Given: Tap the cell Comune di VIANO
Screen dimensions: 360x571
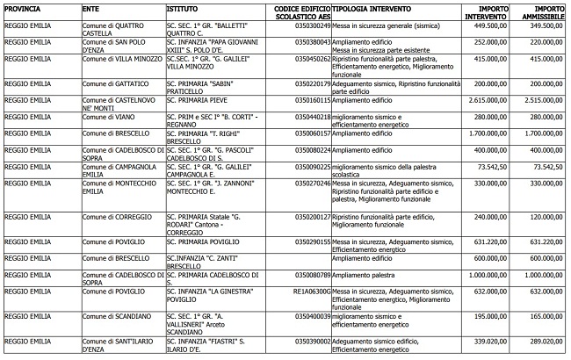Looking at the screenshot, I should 105,116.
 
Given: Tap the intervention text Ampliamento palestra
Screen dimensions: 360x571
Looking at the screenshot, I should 362,274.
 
